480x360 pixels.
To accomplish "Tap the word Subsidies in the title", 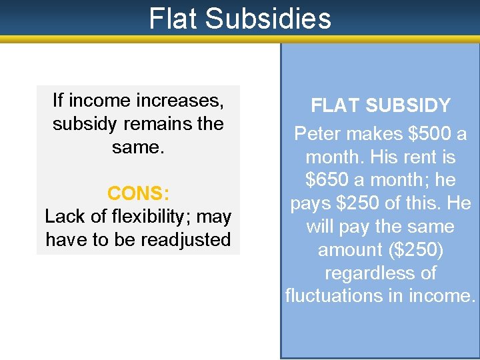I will coord(269,19).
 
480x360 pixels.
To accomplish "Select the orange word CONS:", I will coord(138,194).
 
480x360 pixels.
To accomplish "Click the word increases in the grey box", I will coord(179,101).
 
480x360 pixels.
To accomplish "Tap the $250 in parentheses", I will coord(415,250).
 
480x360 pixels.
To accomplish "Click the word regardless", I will coord(380,273).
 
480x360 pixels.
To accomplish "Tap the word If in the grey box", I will coord(58,101).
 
